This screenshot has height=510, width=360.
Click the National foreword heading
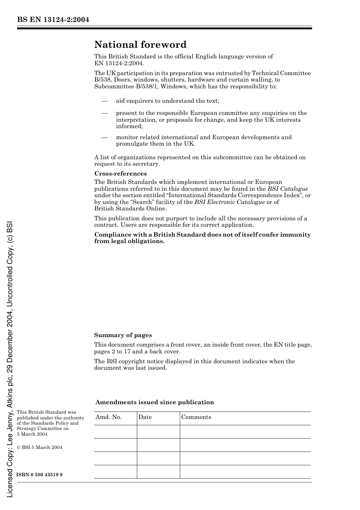(x=140, y=45)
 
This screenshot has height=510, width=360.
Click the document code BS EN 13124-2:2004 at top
(x=53, y=20)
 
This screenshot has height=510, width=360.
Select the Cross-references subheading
(x=121, y=174)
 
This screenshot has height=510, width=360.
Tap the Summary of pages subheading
(x=123, y=335)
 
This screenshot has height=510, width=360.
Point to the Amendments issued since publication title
(x=155, y=402)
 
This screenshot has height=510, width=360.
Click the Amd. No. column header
(x=108, y=417)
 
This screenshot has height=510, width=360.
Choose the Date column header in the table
(x=145, y=417)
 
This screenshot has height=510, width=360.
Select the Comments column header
(x=196, y=417)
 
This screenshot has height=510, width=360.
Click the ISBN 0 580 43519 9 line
(x=39, y=475)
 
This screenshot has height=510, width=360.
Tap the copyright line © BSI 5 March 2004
(x=39, y=447)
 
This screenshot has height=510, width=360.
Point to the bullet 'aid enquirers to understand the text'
(x=167, y=101)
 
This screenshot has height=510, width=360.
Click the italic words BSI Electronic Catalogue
(x=229, y=202)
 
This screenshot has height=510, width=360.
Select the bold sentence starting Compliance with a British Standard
(x=202, y=238)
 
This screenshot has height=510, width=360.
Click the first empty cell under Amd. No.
(x=115, y=432)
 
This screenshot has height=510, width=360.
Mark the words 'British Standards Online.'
(x=130, y=209)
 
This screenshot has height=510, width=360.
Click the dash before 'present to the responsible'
(x=104, y=113)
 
